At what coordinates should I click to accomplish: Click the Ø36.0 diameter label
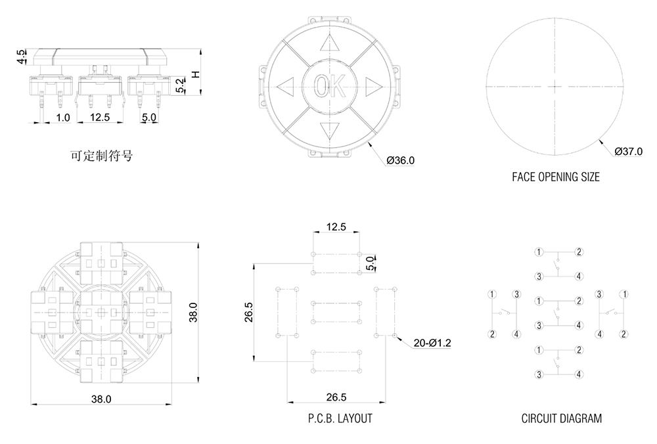coord(401,160)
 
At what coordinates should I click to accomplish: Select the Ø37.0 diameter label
coord(629,151)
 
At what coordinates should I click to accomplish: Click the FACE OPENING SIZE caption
coord(555,177)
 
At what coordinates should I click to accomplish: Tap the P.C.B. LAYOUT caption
coord(340,418)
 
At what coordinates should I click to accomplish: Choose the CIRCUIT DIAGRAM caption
coord(561,418)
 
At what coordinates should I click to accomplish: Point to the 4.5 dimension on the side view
coord(22,56)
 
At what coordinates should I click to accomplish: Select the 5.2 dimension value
coord(179,84)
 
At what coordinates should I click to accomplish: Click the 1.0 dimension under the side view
coord(62,118)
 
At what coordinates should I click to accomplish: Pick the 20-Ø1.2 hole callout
coord(432,343)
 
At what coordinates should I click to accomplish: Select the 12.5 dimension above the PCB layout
coord(336,227)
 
